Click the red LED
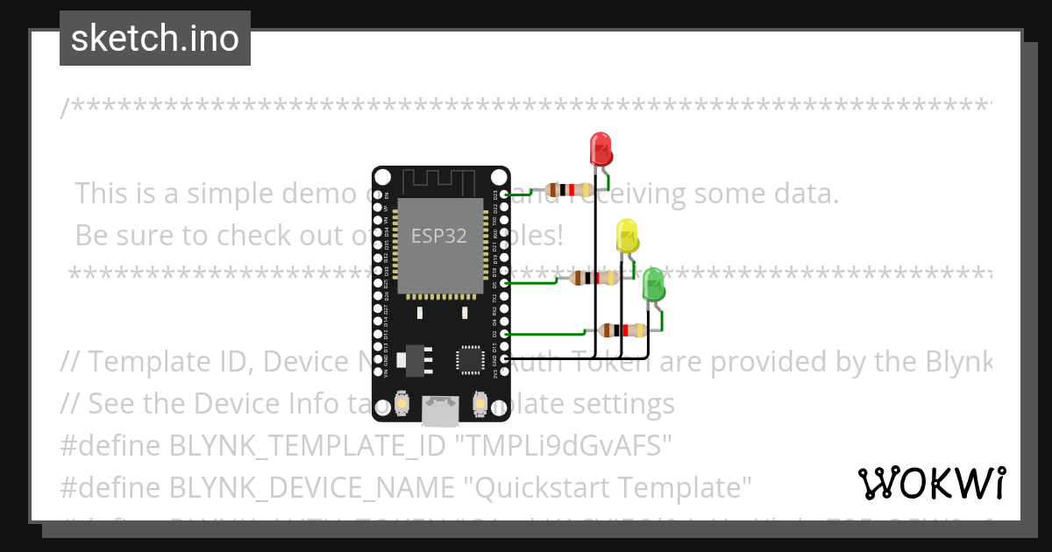click(x=601, y=148)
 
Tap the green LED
click(x=653, y=286)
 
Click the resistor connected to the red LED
click(x=570, y=189)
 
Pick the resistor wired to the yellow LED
click(x=594, y=278)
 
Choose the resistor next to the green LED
click(x=622, y=330)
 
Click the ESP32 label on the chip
click(x=439, y=235)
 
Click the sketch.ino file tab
click(x=155, y=39)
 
